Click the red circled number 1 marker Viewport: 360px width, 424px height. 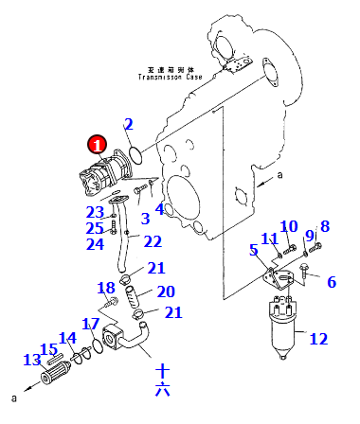pyautogui.click(x=98, y=145)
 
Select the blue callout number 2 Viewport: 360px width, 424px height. pyautogui.click(x=129, y=124)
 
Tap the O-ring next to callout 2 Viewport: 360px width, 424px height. pyautogui.click(x=136, y=155)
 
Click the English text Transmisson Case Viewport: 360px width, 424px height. pyautogui.click(x=170, y=77)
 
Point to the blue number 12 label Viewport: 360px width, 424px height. pyautogui.click(x=318, y=339)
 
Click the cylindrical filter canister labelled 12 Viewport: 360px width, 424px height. pyautogui.click(x=282, y=327)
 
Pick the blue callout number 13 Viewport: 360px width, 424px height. pyautogui.click(x=32, y=360)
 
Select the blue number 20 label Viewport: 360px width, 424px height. pyautogui.click(x=166, y=291)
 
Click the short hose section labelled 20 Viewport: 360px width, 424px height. pyautogui.click(x=133, y=296)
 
